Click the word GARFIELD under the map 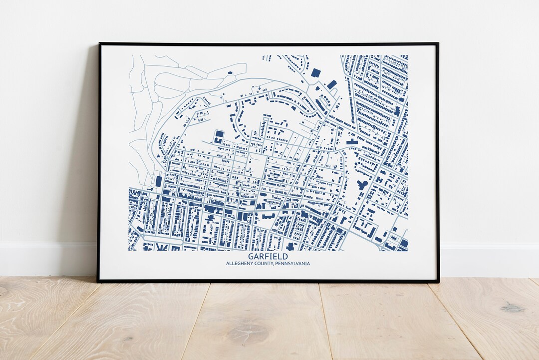[x=268, y=257]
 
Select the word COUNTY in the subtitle [x=265, y=264]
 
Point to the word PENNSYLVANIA [x=293, y=264]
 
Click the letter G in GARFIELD [x=251, y=257]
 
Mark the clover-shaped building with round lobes [x=362, y=185]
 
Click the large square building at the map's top [x=315, y=73]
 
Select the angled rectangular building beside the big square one [x=332, y=84]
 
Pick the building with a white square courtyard [x=219, y=135]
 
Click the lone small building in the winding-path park [x=230, y=73]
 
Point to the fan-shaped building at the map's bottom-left [x=162, y=247]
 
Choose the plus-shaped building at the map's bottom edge [x=290, y=246]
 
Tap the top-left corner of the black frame [x=99, y=44]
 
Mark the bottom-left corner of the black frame [x=98, y=282]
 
